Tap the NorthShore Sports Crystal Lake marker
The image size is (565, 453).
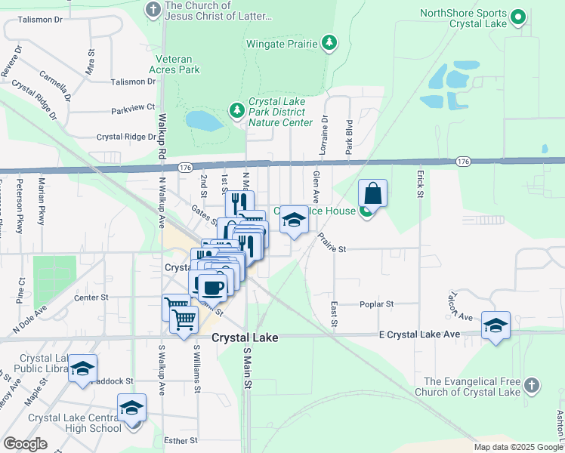(518, 17)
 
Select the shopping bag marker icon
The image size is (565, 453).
(373, 193)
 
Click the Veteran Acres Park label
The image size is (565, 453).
(178, 64)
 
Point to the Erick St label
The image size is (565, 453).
(418, 183)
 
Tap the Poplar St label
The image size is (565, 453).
(379, 304)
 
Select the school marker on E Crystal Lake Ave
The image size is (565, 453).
(496, 325)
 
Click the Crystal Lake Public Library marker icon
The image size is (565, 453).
(83, 368)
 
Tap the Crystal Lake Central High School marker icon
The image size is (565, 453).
(132, 408)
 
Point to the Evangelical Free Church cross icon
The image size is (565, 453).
(532, 386)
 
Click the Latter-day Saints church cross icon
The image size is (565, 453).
(153, 10)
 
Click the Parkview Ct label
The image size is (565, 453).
(133, 108)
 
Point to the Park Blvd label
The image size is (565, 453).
(350, 137)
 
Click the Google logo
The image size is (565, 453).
(25, 444)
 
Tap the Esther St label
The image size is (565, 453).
(182, 439)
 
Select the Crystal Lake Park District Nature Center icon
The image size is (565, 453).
(237, 112)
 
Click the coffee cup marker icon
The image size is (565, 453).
(213, 285)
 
